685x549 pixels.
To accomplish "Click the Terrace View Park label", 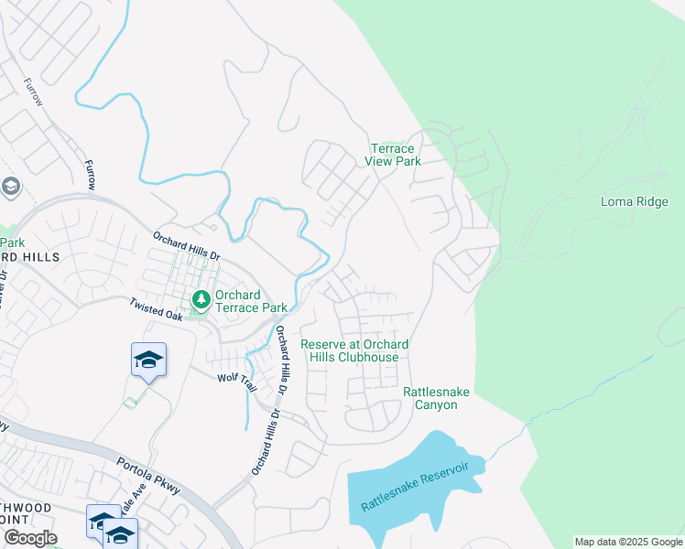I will [x=393, y=155].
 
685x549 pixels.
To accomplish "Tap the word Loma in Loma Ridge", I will [x=617, y=201].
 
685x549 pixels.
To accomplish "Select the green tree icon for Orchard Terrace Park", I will [x=201, y=299].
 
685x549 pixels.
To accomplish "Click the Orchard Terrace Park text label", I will [x=238, y=301].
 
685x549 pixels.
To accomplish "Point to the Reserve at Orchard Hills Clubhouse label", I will [x=354, y=350].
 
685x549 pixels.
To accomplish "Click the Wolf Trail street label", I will [x=237, y=382].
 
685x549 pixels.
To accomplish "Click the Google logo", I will [x=30, y=538].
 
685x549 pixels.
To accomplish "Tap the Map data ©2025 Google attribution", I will [x=627, y=542].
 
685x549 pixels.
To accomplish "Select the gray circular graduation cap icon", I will [x=10, y=188].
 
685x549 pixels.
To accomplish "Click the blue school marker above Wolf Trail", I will [x=148, y=359].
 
